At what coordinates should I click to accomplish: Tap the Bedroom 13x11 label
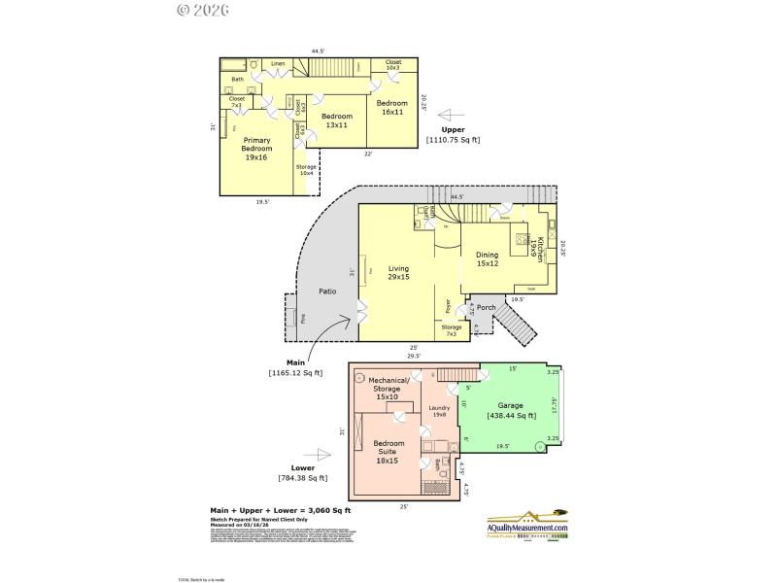pos(337,120)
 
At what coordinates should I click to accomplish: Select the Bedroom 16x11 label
pos(391,108)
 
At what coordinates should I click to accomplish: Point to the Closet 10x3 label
pos(393,65)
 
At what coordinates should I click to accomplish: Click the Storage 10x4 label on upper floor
pos(306,171)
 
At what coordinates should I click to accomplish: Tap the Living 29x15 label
pos(398,273)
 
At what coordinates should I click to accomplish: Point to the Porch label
pos(487,308)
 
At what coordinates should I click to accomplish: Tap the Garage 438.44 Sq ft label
pos(511,410)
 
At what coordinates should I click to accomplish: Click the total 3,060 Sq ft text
pos(281,510)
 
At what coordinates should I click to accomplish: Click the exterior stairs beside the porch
pos(521,331)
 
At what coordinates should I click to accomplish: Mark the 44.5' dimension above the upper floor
pos(318,51)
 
